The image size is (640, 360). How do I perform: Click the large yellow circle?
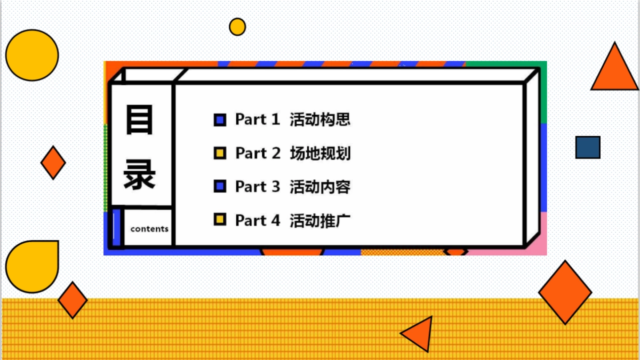point(32,55)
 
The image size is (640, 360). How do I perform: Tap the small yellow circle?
point(237,27)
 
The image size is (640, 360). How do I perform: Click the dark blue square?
point(588,147)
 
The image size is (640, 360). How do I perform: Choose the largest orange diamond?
point(565,292)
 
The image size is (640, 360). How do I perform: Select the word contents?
point(149,229)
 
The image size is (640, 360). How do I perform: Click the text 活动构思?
point(320,119)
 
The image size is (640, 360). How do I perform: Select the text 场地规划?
point(320,154)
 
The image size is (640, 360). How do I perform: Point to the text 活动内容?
point(320,187)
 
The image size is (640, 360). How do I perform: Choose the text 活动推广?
point(320,220)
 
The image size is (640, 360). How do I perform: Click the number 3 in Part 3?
point(275,187)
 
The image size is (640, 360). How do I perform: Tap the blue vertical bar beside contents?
point(116,228)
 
